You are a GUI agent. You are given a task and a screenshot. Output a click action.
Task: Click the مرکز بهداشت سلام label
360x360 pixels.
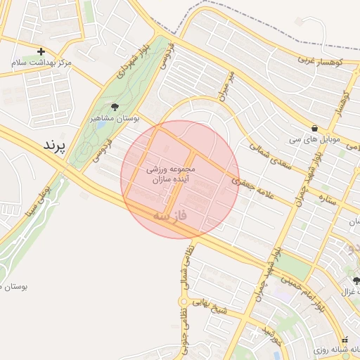[41, 63]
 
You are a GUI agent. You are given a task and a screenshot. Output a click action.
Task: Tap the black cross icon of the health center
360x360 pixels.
[41, 51]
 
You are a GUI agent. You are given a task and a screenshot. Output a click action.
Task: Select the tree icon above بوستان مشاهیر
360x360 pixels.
[115, 107]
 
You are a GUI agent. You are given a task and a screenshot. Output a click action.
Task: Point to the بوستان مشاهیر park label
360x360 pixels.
[115, 119]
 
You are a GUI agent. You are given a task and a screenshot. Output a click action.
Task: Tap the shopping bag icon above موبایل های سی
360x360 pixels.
[313, 129]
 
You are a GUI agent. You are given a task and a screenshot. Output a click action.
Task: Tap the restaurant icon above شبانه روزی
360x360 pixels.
[345, 339]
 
